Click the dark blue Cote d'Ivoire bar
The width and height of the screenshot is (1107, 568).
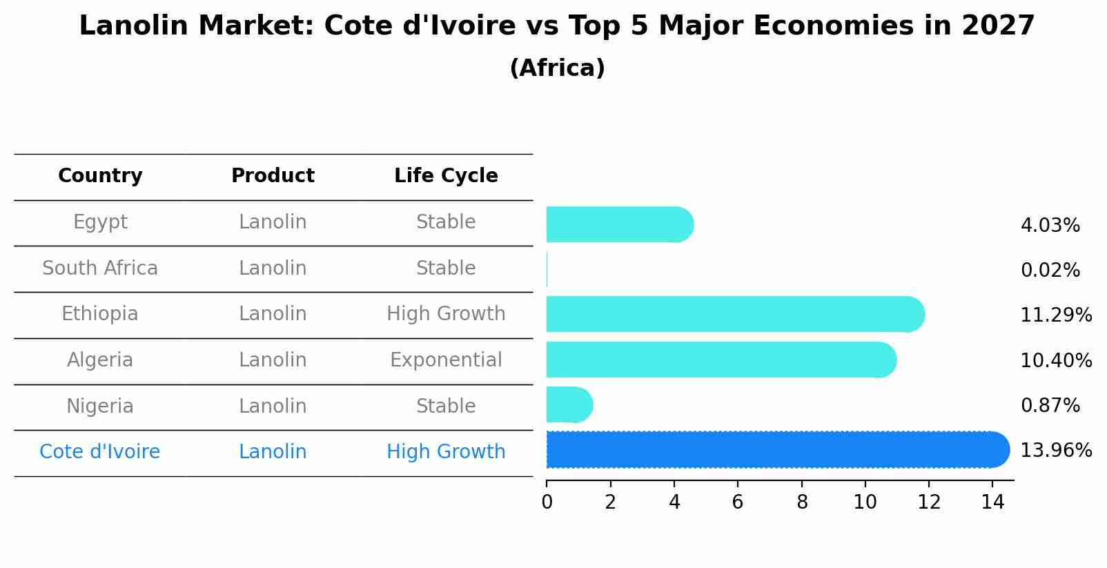(x=776, y=449)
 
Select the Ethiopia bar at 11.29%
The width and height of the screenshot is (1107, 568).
(x=734, y=314)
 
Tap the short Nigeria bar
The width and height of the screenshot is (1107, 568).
(x=569, y=404)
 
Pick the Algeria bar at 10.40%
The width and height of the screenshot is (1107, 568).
(x=721, y=360)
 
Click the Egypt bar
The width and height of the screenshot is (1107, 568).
(x=619, y=224)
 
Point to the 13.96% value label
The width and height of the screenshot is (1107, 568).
(x=1055, y=451)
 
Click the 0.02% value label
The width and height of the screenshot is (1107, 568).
(x=1050, y=271)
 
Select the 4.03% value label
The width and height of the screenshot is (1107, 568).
(x=1050, y=226)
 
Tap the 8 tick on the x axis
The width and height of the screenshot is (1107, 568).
(x=801, y=502)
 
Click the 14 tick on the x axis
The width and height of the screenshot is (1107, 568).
(x=992, y=502)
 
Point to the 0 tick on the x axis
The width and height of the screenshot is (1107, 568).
(x=547, y=502)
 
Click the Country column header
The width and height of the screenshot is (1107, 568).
(x=100, y=176)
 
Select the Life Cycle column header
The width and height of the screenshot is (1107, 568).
(x=446, y=176)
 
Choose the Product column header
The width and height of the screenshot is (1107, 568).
(x=273, y=176)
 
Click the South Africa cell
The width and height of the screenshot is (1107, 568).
(x=100, y=268)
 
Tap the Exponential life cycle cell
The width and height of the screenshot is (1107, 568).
(x=446, y=360)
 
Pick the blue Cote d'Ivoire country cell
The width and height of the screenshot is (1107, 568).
(x=100, y=452)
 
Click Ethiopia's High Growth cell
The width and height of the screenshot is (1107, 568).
(x=446, y=314)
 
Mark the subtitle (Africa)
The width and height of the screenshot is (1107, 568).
(x=557, y=68)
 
